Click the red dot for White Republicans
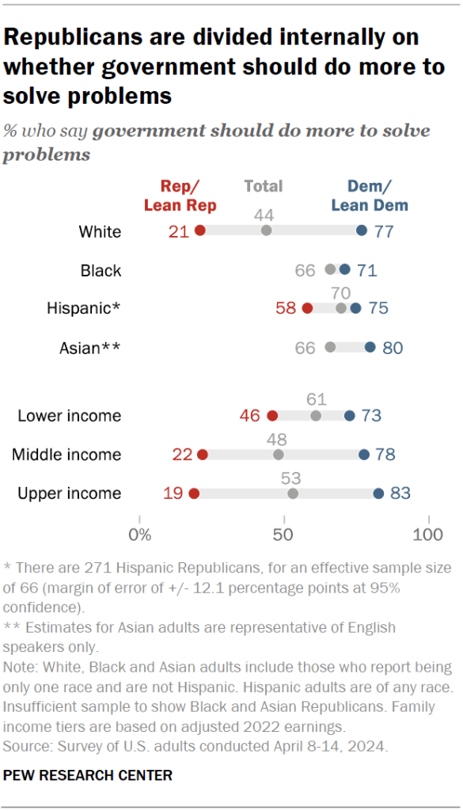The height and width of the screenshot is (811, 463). (200, 230)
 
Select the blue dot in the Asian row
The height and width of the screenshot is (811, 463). (370, 347)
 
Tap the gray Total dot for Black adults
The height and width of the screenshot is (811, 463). (330, 269)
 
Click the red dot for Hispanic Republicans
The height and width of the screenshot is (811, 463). (307, 308)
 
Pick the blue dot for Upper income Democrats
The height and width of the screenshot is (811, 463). (378, 493)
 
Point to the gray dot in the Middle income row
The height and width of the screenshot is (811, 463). (279, 455)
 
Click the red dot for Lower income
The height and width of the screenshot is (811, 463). (272, 416)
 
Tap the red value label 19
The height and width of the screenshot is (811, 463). (174, 493)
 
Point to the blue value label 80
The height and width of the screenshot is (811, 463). (393, 347)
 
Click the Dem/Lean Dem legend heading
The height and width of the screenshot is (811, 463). (370, 196)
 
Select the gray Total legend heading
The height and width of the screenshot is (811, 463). (264, 186)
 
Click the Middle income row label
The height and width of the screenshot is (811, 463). (66, 455)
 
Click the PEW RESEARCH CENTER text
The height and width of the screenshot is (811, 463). (88, 775)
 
